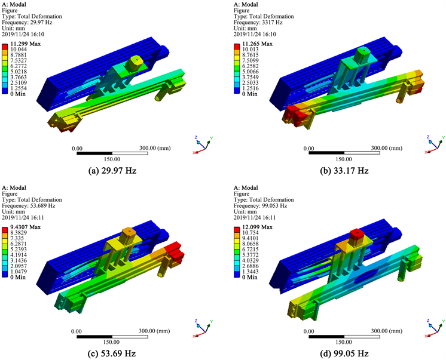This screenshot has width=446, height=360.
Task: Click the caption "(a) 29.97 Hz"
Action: tap(112, 171)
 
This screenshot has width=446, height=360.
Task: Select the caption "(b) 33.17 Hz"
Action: tap(344, 171)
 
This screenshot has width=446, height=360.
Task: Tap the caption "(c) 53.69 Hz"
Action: tap(112, 353)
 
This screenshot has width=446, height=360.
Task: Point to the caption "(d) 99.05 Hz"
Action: tap(344, 353)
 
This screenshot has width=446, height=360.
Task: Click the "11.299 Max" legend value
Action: tap(26, 44)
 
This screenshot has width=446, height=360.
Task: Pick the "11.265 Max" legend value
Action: tap(258, 44)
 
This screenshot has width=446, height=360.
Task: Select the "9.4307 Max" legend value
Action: tap(26, 227)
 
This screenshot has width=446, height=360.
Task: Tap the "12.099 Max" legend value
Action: tap(258, 227)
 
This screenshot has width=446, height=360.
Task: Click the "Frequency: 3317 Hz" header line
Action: tap(258, 23)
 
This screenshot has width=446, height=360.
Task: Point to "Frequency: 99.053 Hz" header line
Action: tap(260, 206)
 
